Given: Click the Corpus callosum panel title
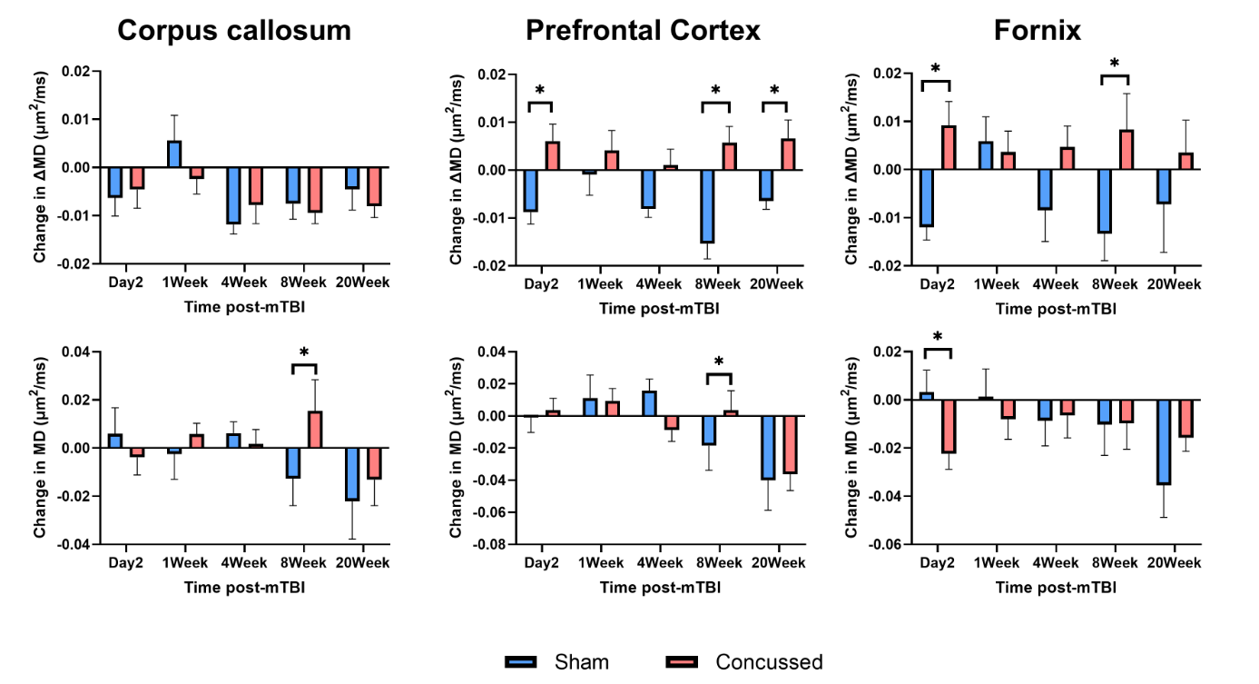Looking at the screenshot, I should pos(234,31).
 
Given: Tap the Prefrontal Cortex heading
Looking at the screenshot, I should pos(643,31).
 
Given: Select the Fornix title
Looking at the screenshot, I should pos(1038,31).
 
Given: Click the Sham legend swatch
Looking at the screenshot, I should pos(521,662).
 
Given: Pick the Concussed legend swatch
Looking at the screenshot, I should pos(682,662).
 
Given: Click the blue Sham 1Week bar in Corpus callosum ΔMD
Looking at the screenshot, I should pos(174,154).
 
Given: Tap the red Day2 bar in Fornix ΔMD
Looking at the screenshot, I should pos(949,148).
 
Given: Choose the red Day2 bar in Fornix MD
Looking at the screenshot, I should pos(949,426).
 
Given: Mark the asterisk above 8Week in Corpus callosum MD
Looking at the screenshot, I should pos(304,352).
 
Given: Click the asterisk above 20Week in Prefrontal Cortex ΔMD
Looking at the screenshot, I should pos(774,90).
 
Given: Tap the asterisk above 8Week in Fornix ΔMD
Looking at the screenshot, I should pos(1115,64).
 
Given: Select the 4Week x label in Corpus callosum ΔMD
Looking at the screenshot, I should pos(244,283).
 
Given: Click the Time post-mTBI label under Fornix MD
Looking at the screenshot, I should pos(1056,588).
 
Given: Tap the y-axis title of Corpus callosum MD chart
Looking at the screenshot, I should pos(40,448).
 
